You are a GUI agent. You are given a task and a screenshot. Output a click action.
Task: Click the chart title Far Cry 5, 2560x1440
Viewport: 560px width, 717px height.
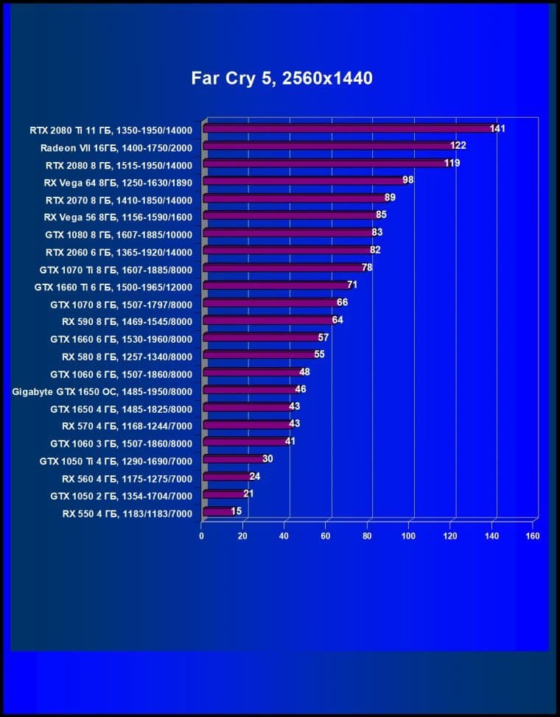click(x=281, y=78)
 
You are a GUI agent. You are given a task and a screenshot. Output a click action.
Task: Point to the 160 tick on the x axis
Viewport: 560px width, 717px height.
click(x=533, y=536)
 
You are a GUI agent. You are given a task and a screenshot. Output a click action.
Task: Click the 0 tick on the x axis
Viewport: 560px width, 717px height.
click(x=201, y=536)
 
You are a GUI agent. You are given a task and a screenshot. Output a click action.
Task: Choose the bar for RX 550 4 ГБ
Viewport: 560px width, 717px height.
click(x=218, y=511)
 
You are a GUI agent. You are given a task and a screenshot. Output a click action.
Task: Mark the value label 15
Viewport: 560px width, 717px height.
click(x=236, y=511)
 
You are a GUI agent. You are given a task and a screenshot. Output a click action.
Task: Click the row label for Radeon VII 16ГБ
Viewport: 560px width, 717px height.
click(x=116, y=148)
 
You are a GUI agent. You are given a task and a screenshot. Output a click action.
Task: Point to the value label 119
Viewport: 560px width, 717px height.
click(x=452, y=163)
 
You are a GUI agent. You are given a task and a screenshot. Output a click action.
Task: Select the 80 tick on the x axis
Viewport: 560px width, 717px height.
click(x=367, y=536)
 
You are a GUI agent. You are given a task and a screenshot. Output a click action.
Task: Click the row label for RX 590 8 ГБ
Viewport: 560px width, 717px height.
click(x=127, y=322)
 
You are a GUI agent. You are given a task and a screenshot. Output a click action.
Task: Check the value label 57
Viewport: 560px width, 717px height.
click(x=323, y=337)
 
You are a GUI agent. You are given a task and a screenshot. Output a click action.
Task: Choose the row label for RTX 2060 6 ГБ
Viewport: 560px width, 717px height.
click(x=119, y=252)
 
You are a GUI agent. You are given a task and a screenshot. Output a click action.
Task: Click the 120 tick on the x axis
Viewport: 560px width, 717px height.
click(x=449, y=536)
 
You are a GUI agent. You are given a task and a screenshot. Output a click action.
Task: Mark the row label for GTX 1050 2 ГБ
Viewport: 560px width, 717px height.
click(x=121, y=496)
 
